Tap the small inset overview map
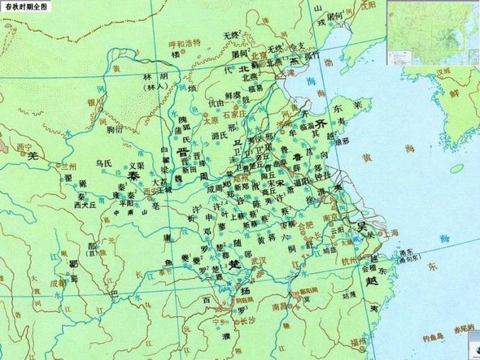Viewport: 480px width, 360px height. [433, 32]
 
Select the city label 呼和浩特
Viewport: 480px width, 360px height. [172, 42]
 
